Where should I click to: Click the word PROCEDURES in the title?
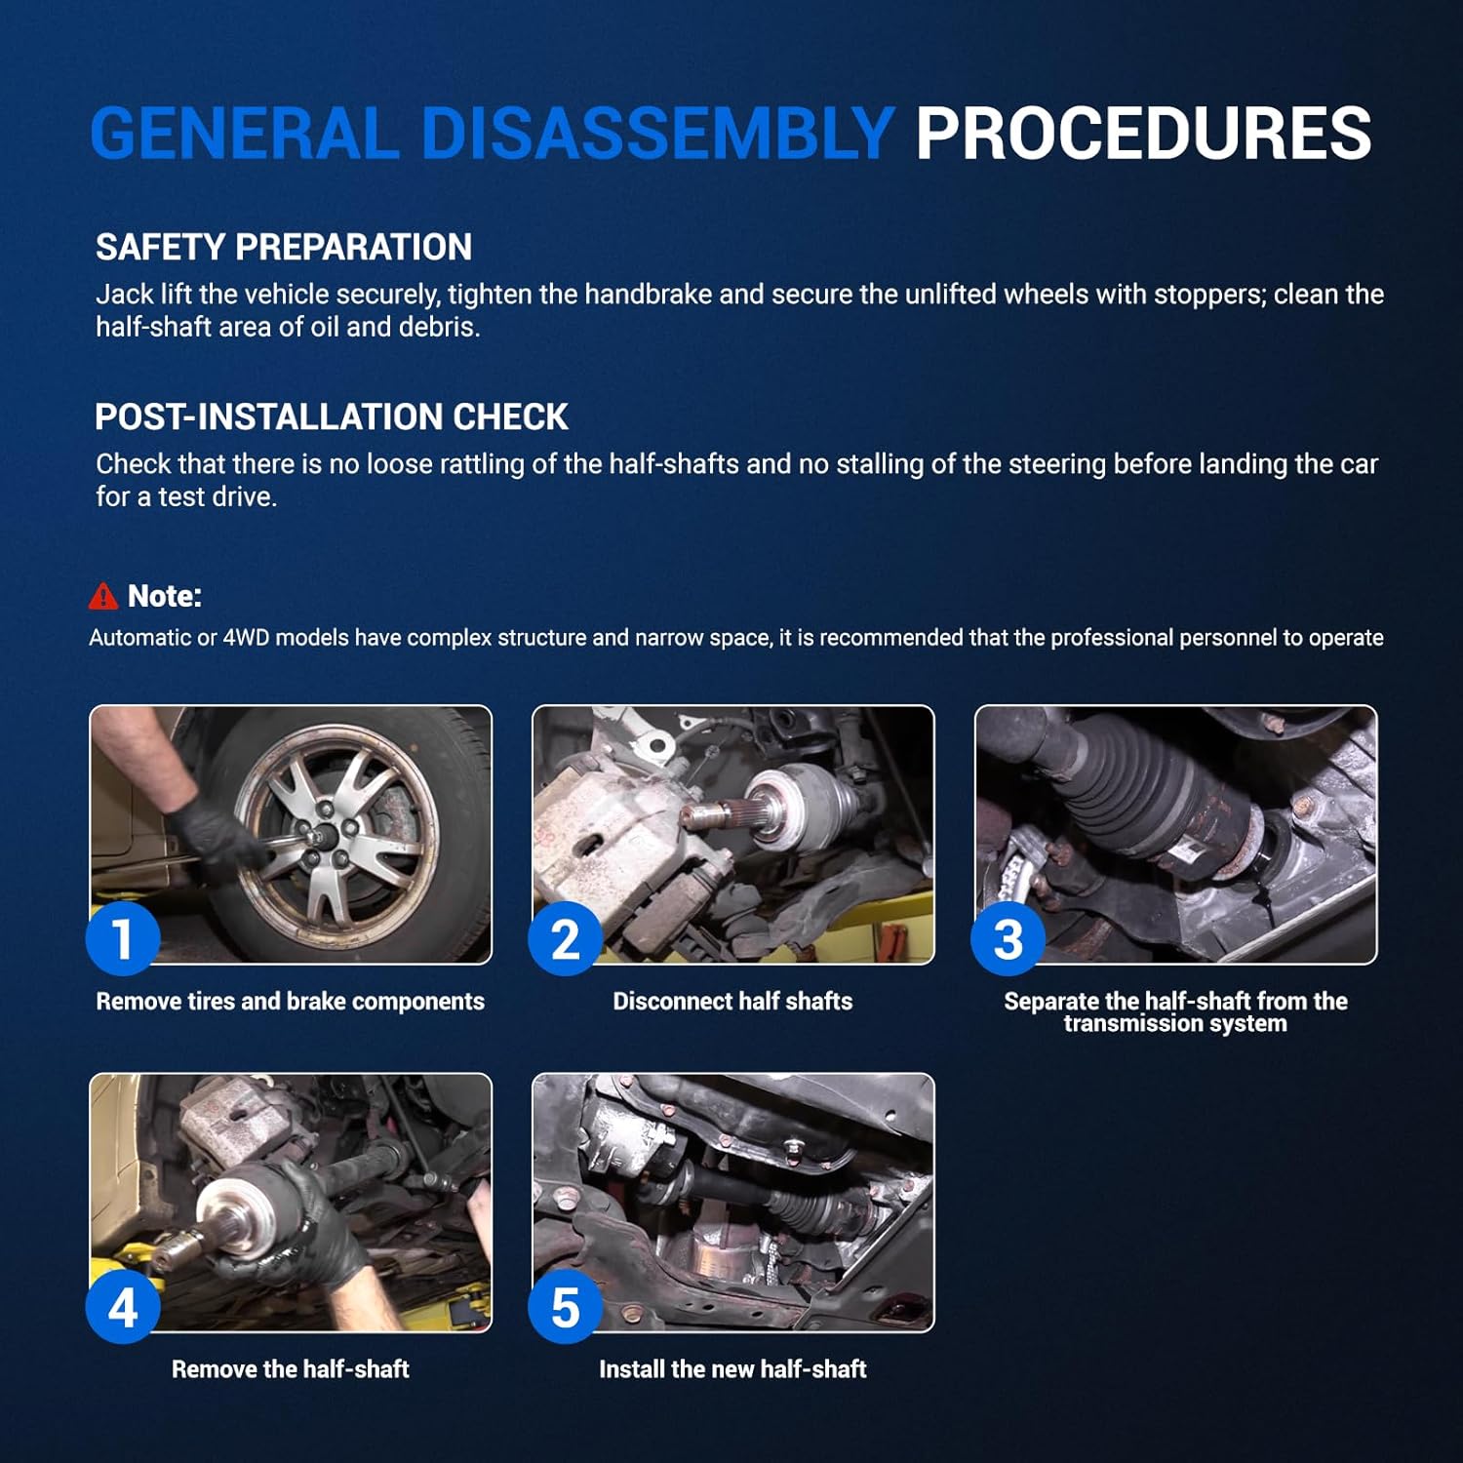1143,134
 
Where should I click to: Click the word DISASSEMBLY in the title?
657,134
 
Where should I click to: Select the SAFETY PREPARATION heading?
284,248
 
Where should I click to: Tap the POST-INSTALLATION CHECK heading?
332,417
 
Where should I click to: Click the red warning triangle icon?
103,596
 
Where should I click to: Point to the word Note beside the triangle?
164,596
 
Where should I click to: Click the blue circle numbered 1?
123,938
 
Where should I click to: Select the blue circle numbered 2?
566,938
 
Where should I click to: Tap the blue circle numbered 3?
1008,938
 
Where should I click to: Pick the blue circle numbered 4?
123,1307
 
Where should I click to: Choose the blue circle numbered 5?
566,1307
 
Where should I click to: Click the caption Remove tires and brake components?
291,1002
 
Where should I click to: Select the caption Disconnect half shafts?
732,1002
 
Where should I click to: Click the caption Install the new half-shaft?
732,1369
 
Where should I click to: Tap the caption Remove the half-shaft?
291,1369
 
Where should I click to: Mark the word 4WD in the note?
247,638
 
